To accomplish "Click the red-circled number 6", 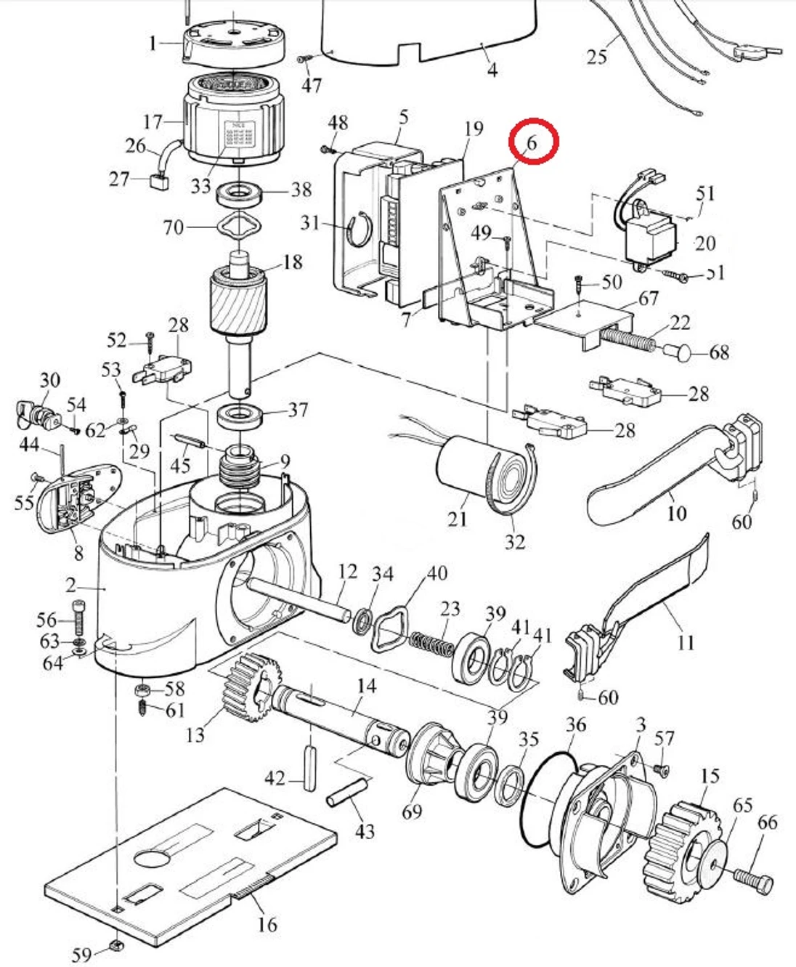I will click(x=532, y=142).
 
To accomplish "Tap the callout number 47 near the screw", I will click(x=312, y=85).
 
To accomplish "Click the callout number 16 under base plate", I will click(x=267, y=924).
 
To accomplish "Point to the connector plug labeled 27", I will click(x=158, y=182).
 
